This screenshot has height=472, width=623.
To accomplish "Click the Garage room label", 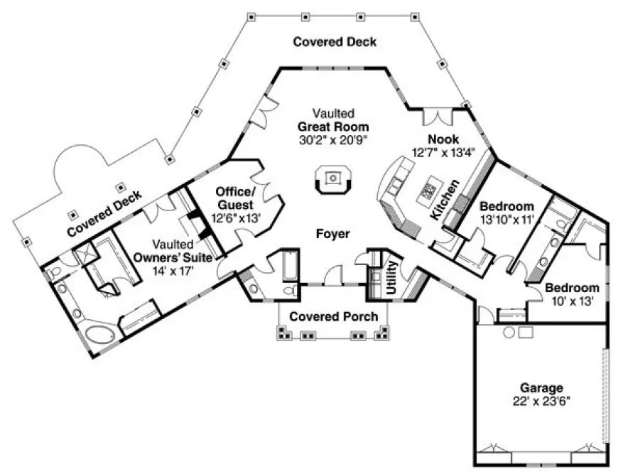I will pyautogui.click(x=541, y=388).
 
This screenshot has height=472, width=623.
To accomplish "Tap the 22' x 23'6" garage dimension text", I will pyautogui.click(x=541, y=400).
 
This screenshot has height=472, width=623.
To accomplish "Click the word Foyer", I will pyautogui.click(x=332, y=234).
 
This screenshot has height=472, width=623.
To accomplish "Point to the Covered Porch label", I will pyautogui.click(x=333, y=316).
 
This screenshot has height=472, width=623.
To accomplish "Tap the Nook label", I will pyautogui.click(x=443, y=139).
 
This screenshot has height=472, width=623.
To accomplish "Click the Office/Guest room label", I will pyautogui.click(x=234, y=198).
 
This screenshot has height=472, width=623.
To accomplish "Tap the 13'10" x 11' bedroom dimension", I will pyautogui.click(x=506, y=220).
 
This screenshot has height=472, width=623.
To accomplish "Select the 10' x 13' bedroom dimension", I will pyautogui.click(x=572, y=301).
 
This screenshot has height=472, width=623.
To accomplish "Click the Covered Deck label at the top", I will pyautogui.click(x=335, y=42).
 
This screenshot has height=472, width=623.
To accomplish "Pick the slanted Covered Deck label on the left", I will pyautogui.click(x=104, y=212).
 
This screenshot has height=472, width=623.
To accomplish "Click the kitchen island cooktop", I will pyautogui.click(x=428, y=191).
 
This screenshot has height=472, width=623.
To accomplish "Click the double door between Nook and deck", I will pyautogui.click(x=435, y=117).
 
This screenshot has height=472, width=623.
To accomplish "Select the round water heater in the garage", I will pyautogui.click(x=509, y=332).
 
